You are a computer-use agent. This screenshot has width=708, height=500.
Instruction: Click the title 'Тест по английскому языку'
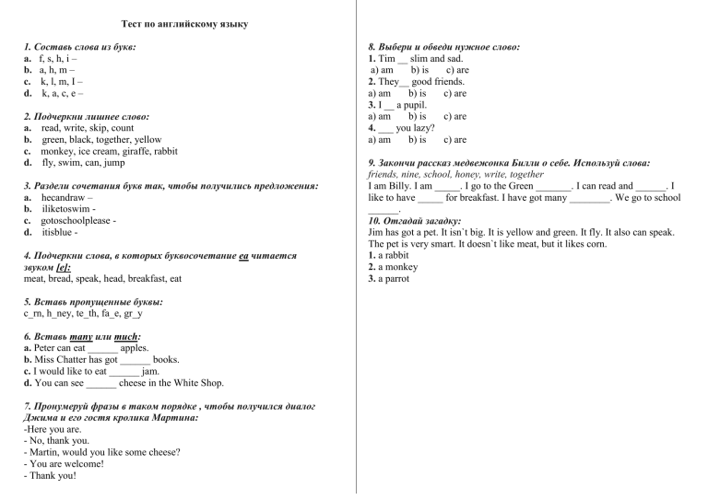point(184,23)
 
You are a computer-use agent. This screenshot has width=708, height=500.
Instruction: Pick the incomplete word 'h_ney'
point(62,313)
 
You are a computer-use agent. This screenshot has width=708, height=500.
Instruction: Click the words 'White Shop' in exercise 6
point(200,383)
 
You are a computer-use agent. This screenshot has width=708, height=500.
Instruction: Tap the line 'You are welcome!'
point(64,464)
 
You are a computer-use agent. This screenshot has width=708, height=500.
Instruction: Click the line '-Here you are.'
point(53,429)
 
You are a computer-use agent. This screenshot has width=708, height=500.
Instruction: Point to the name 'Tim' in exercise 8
point(387,58)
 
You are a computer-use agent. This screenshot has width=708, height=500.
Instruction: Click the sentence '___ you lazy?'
point(400,128)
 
